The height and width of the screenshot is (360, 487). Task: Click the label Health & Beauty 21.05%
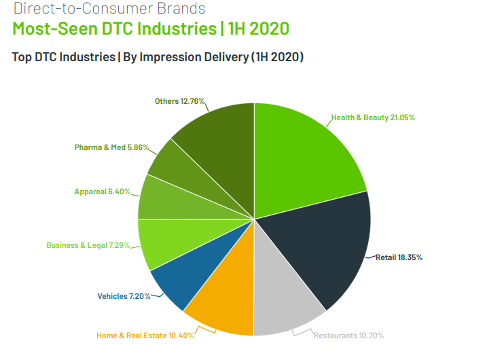click(373, 118)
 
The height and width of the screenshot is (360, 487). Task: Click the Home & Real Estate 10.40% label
click(145, 336)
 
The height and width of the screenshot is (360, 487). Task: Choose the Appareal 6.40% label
click(101, 192)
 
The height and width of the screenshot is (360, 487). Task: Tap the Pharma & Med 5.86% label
click(111, 147)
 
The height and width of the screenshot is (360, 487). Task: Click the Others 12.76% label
click(179, 101)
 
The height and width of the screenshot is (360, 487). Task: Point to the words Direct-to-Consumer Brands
click(109, 9)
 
